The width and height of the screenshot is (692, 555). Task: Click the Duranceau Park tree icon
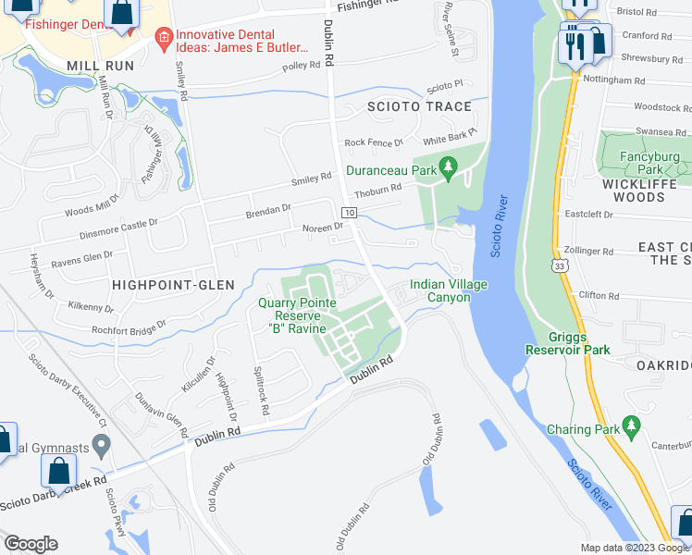(x=449, y=167)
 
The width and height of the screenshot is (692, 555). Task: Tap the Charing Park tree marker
(x=633, y=425)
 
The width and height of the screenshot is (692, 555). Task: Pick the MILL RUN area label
(x=101, y=66)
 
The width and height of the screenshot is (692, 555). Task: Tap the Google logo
(x=31, y=544)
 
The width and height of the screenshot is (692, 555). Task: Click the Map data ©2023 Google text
(x=634, y=548)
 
